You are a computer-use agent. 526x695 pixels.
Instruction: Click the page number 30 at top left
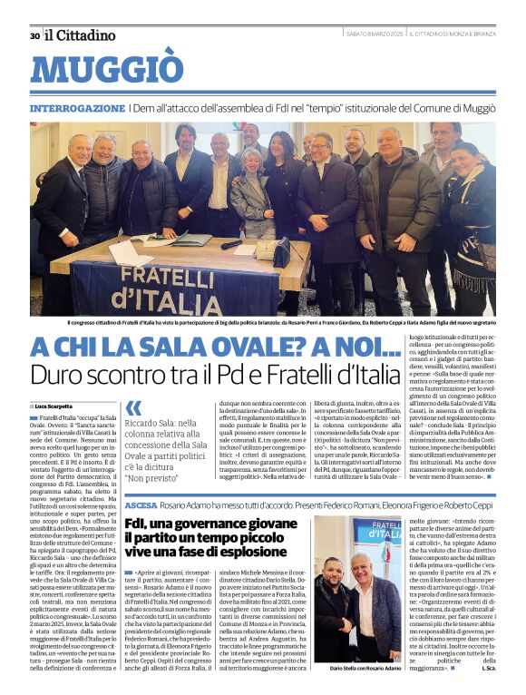pyautogui.click(x=34, y=35)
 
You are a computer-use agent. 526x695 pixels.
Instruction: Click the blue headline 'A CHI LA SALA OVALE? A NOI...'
pyautogui.click(x=215, y=347)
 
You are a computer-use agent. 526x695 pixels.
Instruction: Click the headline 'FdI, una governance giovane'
pyautogui.click(x=212, y=524)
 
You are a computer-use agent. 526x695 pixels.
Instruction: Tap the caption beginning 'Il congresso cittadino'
pyautogui.click(x=263, y=323)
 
